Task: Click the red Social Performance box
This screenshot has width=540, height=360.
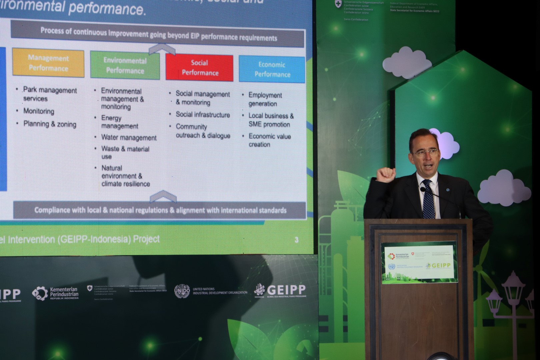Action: [199, 68]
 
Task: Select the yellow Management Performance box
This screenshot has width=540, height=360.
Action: [48, 63]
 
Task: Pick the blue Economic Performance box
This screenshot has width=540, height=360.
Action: [272, 69]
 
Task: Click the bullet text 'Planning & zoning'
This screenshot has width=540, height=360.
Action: [50, 124]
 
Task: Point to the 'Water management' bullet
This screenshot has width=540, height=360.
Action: [129, 137]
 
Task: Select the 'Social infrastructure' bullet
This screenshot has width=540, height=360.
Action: [203, 115]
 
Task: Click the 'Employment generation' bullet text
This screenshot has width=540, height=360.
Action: [265, 99]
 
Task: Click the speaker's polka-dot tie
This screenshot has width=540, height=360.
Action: [428, 200]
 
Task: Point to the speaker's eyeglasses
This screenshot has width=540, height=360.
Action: [426, 153]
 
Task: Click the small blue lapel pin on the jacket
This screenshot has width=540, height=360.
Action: [448, 190]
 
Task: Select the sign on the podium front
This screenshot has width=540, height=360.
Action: [419, 262]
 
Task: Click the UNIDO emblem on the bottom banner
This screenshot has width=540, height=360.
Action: [182, 291]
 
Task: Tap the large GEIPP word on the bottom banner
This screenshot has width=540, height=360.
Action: [286, 289]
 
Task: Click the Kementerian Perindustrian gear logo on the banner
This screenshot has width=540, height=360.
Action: [40, 293]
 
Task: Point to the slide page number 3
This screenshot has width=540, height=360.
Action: [296, 240]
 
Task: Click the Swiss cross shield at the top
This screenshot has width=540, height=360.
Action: [338, 4]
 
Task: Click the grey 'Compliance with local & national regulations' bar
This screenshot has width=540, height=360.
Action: [160, 210]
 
